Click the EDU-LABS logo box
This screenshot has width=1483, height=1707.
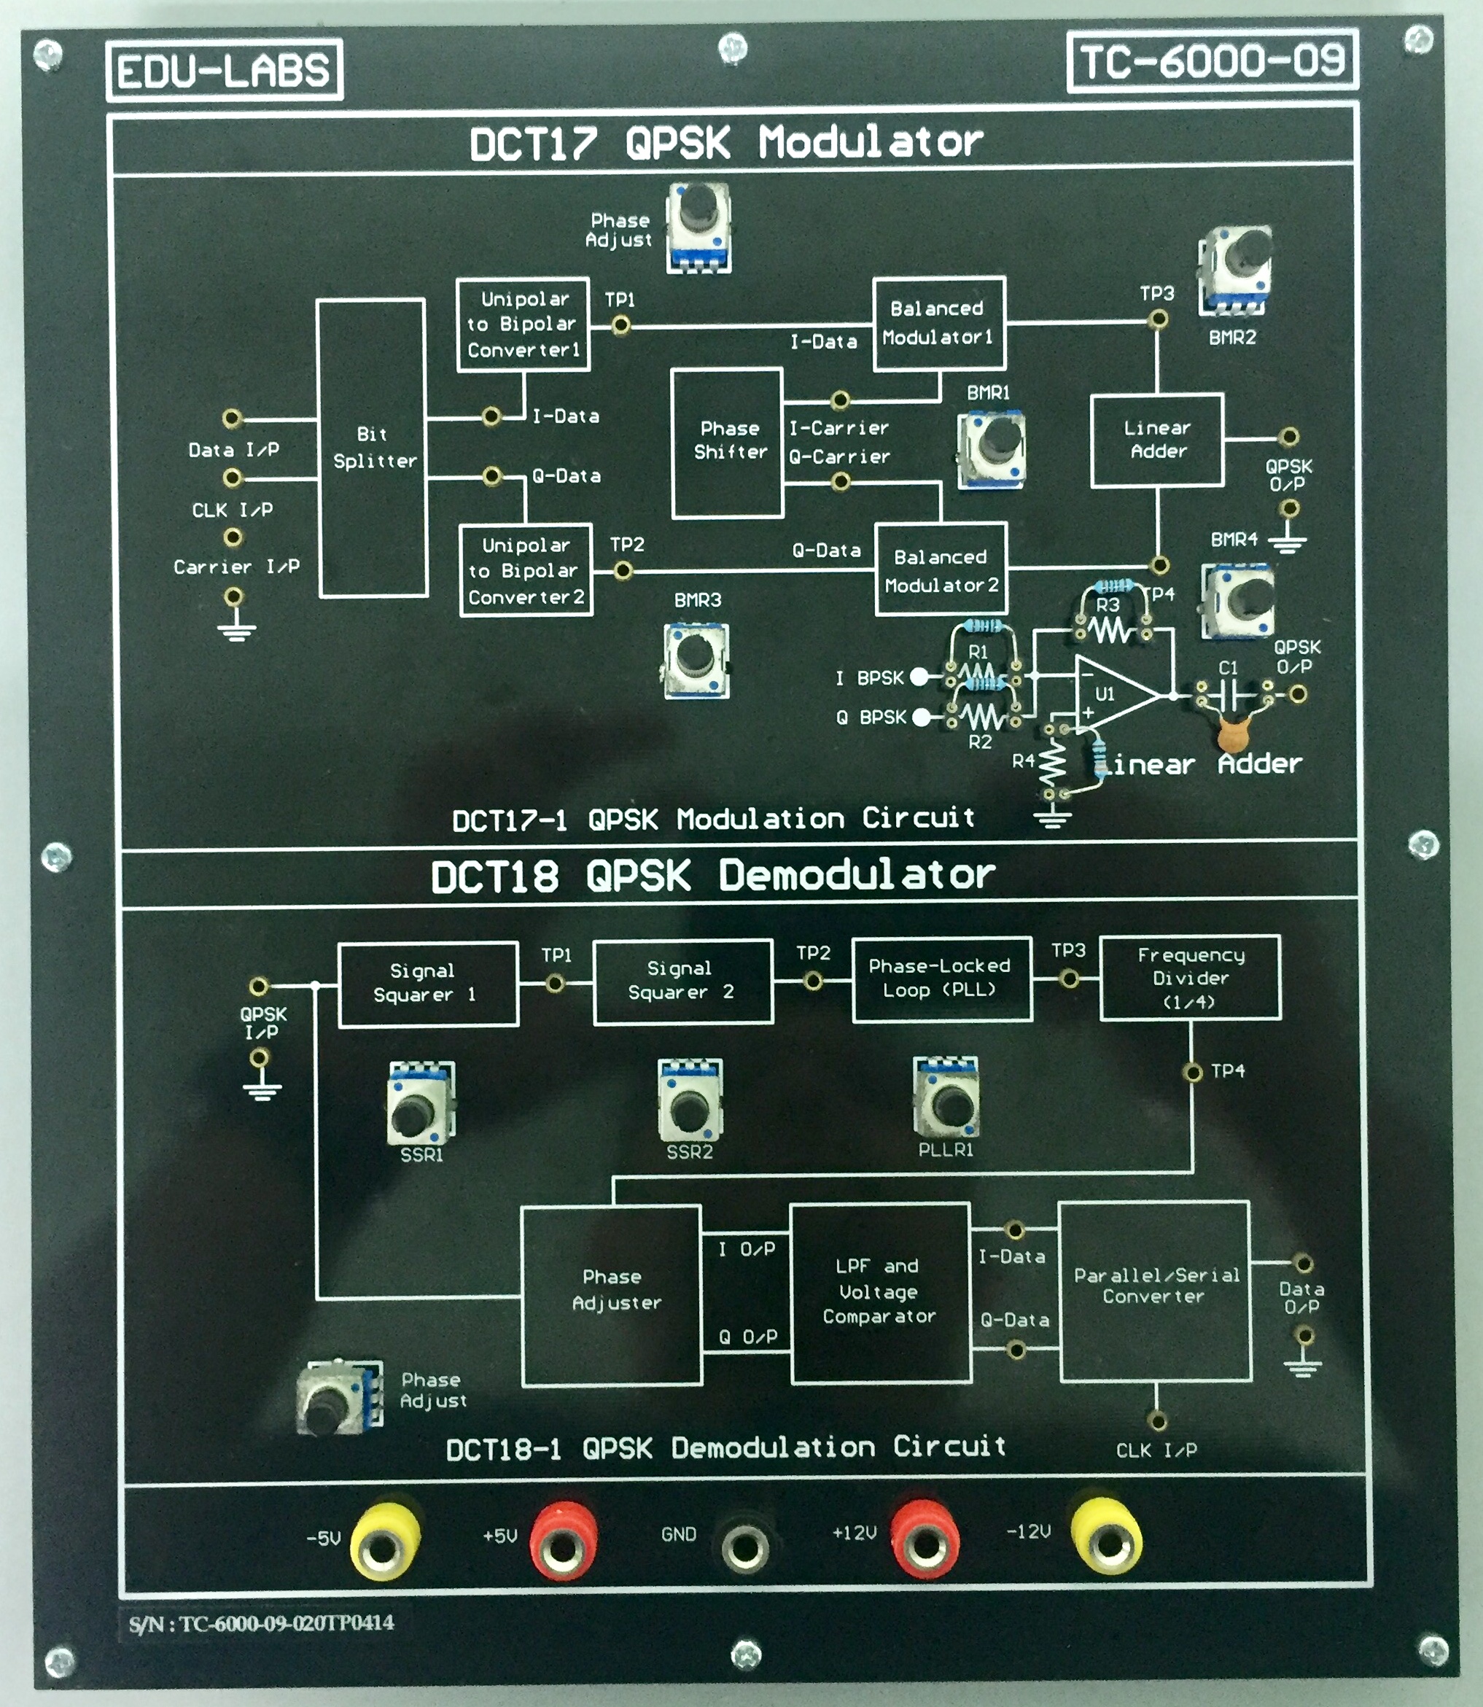pos(223,70)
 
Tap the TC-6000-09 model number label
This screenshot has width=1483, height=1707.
pos(1212,61)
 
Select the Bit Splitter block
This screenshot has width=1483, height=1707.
pos(373,448)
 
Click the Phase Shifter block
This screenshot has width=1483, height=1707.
pos(728,443)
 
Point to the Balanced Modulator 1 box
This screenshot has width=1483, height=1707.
pos(938,323)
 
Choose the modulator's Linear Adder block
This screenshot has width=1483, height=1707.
pos(1156,440)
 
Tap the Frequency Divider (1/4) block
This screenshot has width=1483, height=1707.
pos(1190,978)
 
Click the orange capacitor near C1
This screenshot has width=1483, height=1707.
pos(1233,733)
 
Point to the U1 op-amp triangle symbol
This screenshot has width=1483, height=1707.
pos(1113,693)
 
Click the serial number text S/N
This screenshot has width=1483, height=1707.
pos(261,1623)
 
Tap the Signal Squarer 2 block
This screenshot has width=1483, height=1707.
pos(682,981)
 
